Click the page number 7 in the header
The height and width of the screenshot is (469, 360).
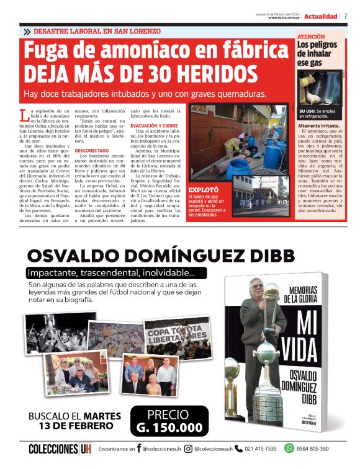[x=345, y=16]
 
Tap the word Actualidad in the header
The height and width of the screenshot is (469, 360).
[x=321, y=16]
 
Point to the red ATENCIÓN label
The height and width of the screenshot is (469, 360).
[x=311, y=37]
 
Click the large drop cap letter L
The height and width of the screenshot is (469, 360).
[x=24, y=114]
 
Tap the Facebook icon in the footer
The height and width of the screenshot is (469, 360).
[x=138, y=449]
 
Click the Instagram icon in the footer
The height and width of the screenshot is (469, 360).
[x=188, y=449]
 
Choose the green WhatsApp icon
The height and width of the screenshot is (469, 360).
[x=289, y=449]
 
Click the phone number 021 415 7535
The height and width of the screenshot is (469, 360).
[x=261, y=449]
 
